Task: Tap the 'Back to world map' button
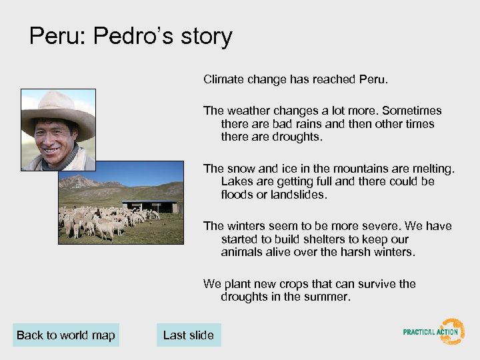tap(66, 335)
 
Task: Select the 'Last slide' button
tap(189, 335)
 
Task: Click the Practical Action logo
tap(434, 331)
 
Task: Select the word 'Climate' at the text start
tap(224, 79)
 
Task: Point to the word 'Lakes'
tap(236, 181)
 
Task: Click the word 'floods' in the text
tap(236, 195)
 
